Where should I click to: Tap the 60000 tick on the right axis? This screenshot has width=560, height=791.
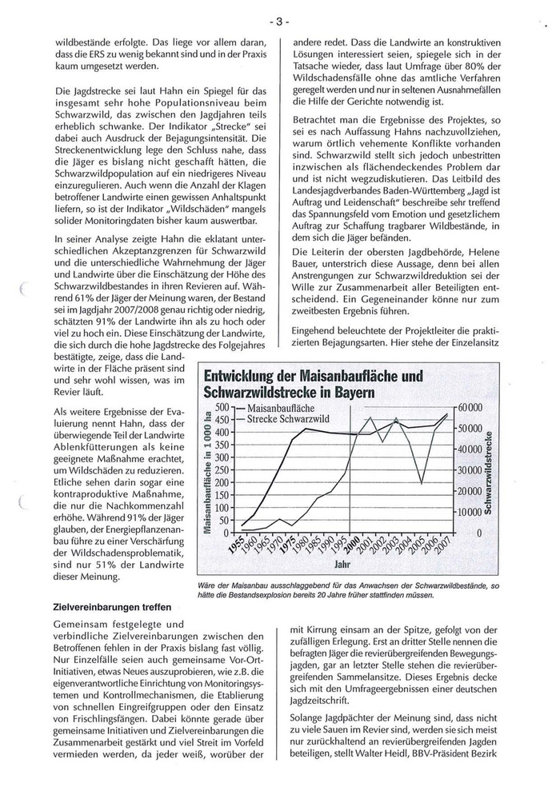point(471,408)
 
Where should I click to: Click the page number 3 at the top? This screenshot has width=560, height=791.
point(279,22)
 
